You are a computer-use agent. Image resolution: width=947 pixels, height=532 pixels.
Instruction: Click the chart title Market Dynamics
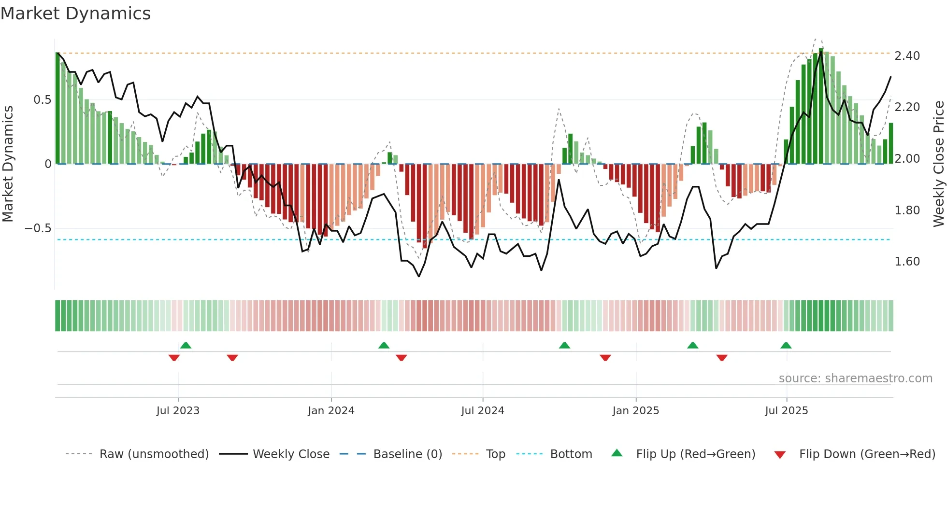click(75, 14)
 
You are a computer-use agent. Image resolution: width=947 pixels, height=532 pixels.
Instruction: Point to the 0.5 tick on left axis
click(42, 100)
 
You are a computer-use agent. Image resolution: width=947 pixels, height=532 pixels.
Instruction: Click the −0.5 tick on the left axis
click(38, 228)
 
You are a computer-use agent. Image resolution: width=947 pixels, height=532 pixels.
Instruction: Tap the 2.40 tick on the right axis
click(907, 56)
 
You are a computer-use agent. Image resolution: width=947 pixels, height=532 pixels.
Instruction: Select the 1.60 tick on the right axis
click(907, 262)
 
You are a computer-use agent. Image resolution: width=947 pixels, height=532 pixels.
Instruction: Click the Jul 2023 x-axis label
click(178, 411)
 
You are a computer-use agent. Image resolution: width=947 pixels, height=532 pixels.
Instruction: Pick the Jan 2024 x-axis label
click(331, 411)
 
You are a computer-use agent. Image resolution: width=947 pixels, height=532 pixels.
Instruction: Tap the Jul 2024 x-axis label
click(482, 411)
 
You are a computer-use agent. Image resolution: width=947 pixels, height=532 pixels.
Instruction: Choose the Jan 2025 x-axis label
click(635, 411)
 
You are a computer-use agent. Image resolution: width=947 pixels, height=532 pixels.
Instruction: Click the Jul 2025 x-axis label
click(786, 411)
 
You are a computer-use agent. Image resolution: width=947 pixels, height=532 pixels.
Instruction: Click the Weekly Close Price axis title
click(938, 164)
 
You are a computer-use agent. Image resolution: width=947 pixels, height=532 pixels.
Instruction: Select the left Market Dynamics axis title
click(8, 164)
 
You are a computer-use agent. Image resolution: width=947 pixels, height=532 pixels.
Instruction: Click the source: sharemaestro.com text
click(855, 378)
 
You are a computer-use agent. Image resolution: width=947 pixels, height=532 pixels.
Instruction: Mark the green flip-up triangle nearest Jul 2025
click(786, 345)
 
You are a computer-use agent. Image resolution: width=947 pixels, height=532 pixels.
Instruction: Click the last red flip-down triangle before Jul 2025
click(722, 358)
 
